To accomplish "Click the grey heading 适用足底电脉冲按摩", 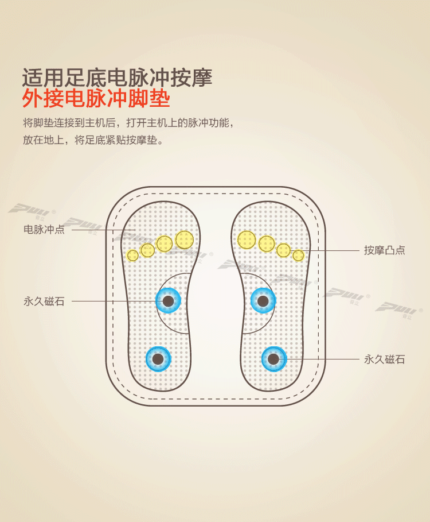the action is (x=117, y=76).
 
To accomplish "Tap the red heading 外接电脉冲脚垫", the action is (x=96, y=99).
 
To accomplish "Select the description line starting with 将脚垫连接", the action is (x=128, y=123).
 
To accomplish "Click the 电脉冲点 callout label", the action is (x=44, y=229).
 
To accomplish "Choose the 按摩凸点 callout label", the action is (x=384, y=250).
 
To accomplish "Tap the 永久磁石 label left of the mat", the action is (x=44, y=301).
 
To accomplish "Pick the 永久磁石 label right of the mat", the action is (x=384, y=359).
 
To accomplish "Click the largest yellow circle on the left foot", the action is (x=185, y=239).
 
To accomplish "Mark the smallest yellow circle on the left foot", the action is (x=133, y=255).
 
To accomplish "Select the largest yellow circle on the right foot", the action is (x=247, y=239).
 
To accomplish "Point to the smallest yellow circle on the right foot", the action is (x=298, y=255).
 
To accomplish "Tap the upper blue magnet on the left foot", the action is (x=169, y=301).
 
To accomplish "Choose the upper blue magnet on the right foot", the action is (x=263, y=301).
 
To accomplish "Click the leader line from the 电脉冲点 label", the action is (x=103, y=230).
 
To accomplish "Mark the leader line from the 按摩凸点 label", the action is (x=333, y=250).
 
